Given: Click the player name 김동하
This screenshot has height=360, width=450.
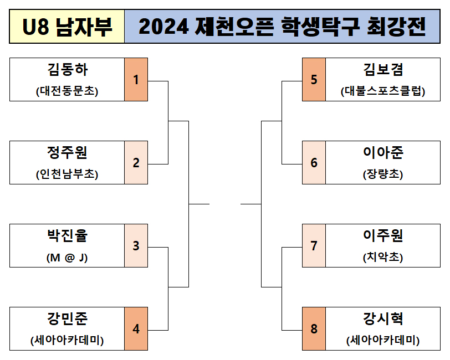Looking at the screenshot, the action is point(68,70).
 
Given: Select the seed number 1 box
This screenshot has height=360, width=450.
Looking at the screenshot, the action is point(136,79).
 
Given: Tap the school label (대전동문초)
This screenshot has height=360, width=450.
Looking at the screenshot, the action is point(67,91).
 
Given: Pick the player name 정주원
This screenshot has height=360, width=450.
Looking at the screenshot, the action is point(68,153).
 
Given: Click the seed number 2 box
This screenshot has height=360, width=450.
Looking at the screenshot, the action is point(136,162).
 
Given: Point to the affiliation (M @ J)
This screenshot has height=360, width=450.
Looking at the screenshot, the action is point(67,258).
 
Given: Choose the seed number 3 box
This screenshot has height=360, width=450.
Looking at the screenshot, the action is point(136,245).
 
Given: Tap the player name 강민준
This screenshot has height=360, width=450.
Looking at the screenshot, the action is point(68,318).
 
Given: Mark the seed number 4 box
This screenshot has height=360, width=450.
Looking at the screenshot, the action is point(136,329).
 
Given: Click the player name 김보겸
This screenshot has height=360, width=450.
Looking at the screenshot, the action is point(383,70).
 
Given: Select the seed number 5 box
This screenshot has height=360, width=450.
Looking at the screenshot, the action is point(314,79).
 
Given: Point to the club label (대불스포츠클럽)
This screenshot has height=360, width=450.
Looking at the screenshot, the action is point(383,91).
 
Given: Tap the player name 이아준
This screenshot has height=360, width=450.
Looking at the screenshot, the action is point(383,153).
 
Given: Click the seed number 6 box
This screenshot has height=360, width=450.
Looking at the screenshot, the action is point(314,162).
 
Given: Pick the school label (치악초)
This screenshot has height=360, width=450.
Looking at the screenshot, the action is point(383,257).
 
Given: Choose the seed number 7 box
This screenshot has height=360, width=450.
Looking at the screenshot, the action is point(314,245).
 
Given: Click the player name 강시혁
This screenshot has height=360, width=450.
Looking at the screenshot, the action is point(383,318).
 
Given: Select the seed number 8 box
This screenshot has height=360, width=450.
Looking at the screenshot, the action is point(314,329).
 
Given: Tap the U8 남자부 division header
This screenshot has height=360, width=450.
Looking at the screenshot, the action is point(67,27).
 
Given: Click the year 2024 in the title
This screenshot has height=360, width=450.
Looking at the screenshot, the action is point(163,27).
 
